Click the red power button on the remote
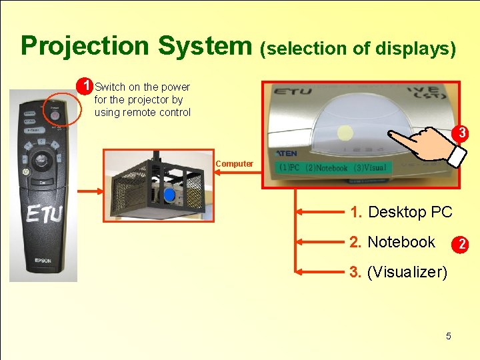pyautogui.click(x=55, y=113)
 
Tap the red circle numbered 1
pyautogui.click(x=84, y=87)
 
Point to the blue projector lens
pyautogui.click(x=169, y=195)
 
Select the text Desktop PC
pyautogui.click(x=410, y=212)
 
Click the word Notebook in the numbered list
pyautogui.click(x=401, y=242)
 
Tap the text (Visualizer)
pyautogui.click(x=407, y=272)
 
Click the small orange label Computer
pyautogui.click(x=234, y=164)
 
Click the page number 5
pyautogui.click(x=448, y=336)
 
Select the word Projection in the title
pyautogui.click(x=85, y=46)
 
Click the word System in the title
pyautogui.click(x=203, y=46)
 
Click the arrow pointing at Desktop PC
pyautogui.click(x=320, y=213)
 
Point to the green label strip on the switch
pyautogui.click(x=333, y=168)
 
